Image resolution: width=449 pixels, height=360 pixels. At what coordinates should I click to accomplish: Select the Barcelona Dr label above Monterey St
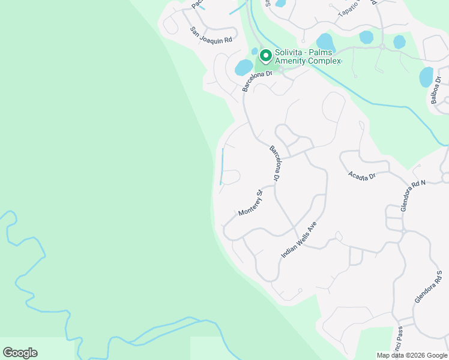pos(275,164)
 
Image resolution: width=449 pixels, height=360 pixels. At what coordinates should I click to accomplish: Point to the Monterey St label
pos(251,203)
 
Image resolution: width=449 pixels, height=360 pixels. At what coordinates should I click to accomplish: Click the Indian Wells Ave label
pos(298,240)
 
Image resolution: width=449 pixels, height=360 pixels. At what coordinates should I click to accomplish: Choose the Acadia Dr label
pos(361,175)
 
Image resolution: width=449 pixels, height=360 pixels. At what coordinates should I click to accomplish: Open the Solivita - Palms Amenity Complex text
pos(308,57)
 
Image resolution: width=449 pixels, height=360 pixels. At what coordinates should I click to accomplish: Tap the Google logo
pos(20,353)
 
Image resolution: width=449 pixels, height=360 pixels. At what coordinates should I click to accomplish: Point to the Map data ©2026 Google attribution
pos(412,355)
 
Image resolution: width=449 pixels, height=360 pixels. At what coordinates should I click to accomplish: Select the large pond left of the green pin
pos(244,67)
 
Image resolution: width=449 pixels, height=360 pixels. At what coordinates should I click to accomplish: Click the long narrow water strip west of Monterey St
pos(222,166)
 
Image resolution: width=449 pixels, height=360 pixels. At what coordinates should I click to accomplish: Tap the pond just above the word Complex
pos(325,41)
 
